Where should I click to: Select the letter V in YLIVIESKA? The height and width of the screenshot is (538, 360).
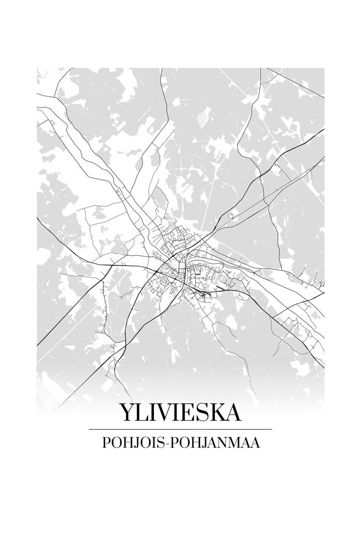point(161,413)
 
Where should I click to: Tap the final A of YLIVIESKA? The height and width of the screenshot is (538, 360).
point(232,413)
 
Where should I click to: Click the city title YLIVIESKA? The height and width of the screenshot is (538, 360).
point(180,413)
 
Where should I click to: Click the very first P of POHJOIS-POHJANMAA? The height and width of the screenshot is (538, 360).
point(105,443)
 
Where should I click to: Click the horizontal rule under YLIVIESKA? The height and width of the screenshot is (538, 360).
point(180,429)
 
